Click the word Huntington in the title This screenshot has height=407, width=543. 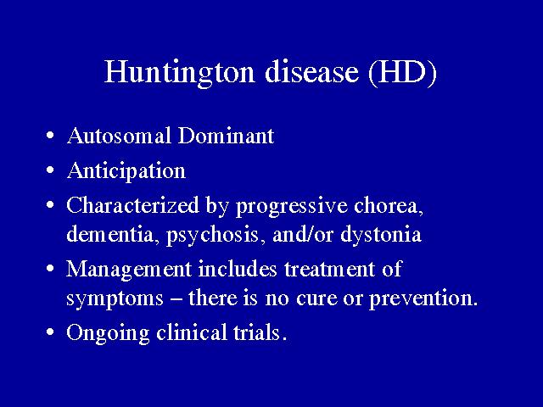pos(180,72)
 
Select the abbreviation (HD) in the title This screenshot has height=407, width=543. pos(402,72)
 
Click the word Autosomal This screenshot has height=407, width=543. pos(119,136)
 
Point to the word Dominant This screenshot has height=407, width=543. pos(226,136)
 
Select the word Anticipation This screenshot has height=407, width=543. pos(126,170)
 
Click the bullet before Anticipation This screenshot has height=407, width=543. pos(50,170)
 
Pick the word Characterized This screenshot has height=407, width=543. pos(133,205)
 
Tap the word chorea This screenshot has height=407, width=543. pos(389,206)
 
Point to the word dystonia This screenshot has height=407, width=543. pos(381,236)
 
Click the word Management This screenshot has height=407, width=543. pos(129,270)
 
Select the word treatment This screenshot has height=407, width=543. pos(330,270)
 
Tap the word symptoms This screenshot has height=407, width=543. pos(115,299)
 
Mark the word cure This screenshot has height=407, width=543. pos(316,299)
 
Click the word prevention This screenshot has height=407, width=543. pos(423,299)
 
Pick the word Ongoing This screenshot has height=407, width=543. pos(108,333)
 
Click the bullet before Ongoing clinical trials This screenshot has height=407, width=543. pos(50,332)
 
